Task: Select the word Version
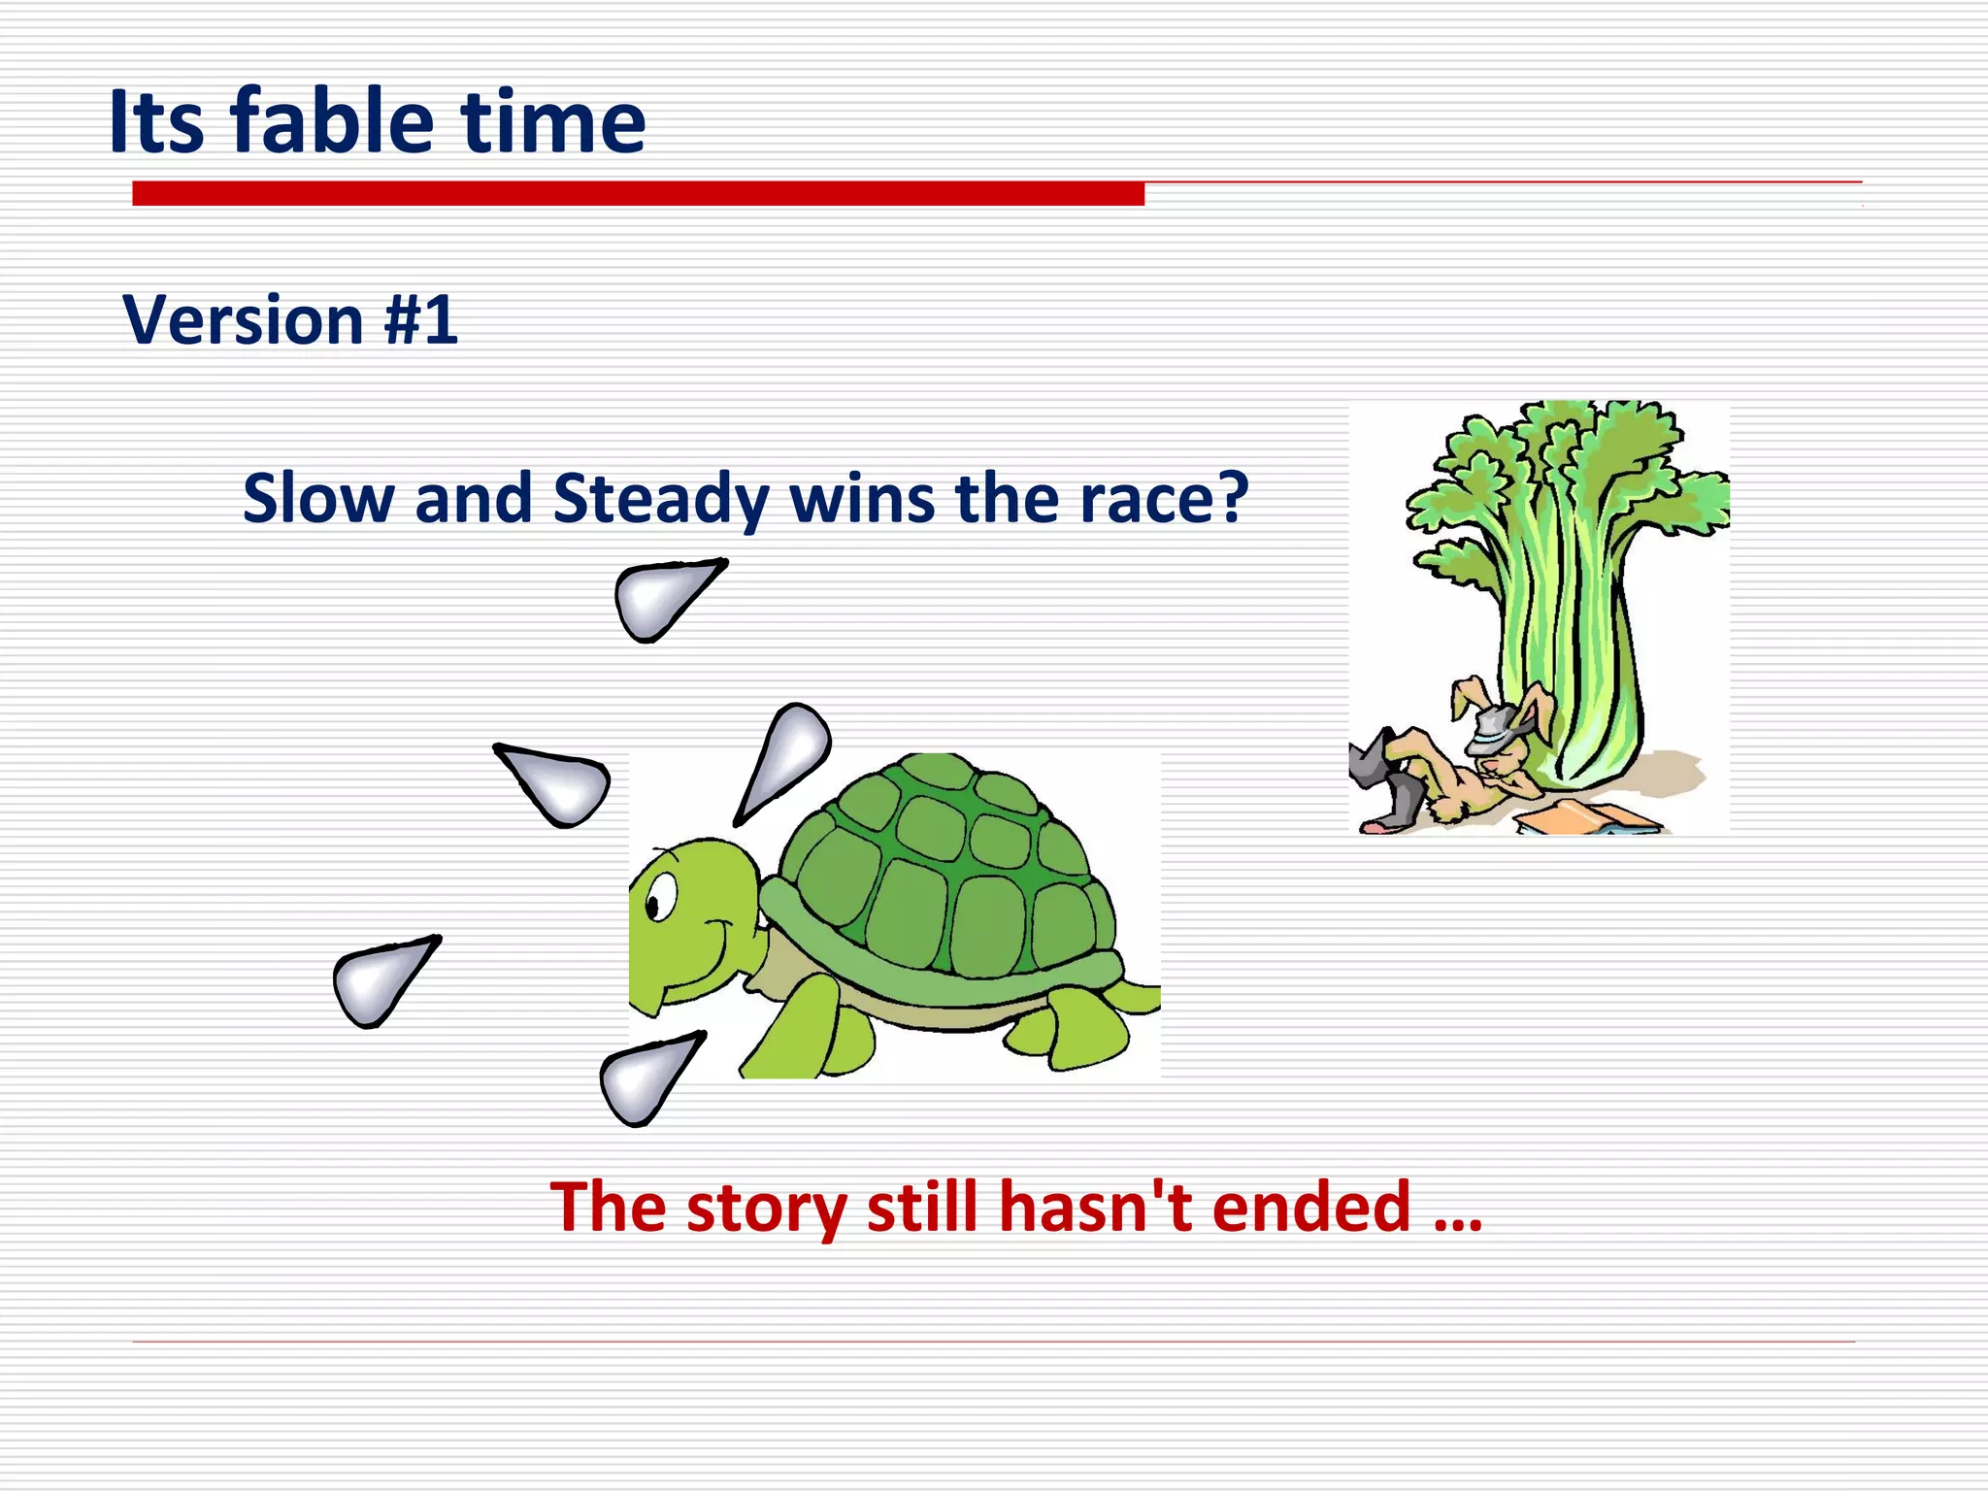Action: click(243, 320)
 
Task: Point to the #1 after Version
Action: click(421, 320)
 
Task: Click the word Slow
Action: click(318, 498)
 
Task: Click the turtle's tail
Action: click(1141, 997)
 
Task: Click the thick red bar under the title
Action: click(638, 193)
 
